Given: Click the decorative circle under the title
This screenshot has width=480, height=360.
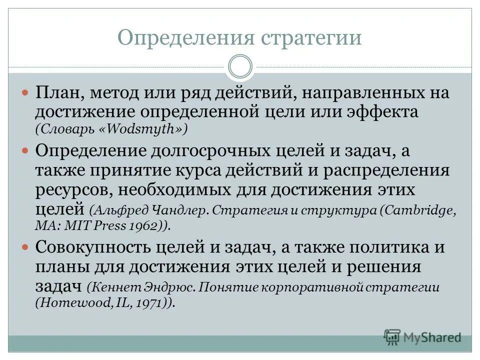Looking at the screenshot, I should [239, 67].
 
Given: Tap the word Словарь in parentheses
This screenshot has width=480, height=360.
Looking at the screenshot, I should [63, 129].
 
